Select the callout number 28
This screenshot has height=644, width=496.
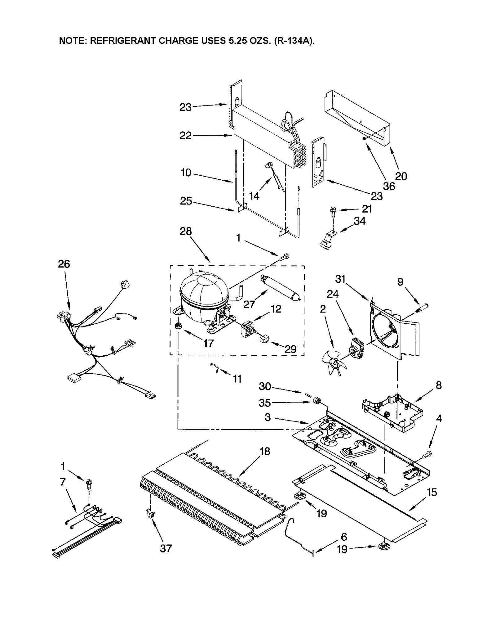click(x=186, y=231)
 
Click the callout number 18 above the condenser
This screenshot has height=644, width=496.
click(x=265, y=451)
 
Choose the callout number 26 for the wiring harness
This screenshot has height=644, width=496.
click(x=64, y=264)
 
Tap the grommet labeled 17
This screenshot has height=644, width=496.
click(x=178, y=326)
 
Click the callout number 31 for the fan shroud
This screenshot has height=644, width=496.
click(x=340, y=279)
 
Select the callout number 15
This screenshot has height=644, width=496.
click(x=432, y=493)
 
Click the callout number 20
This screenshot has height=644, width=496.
click(x=401, y=176)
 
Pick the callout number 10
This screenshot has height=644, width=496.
click(x=186, y=173)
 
